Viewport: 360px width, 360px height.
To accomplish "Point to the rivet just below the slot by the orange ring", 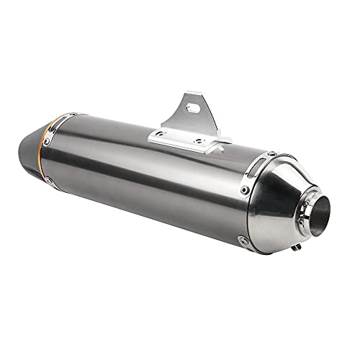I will (47, 142).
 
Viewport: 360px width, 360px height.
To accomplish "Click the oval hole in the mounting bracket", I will (192, 106).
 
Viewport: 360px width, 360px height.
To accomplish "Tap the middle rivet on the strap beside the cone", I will (246, 190).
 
